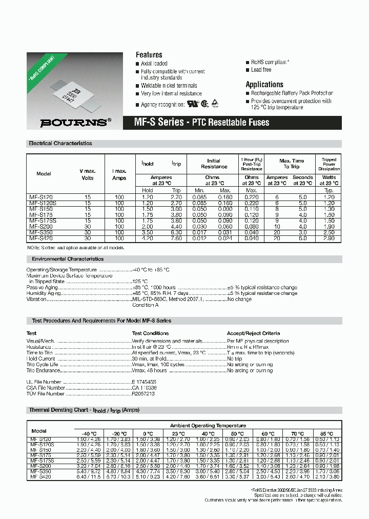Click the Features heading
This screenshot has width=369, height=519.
click(x=149, y=55)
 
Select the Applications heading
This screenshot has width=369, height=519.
click(x=264, y=85)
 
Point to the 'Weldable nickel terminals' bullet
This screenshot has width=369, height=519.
click(x=169, y=86)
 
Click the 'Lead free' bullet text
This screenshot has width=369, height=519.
click(x=261, y=70)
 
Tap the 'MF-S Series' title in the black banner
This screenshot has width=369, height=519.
click(x=158, y=123)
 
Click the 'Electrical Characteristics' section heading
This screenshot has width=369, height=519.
click(x=60, y=144)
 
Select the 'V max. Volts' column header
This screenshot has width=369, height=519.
click(x=87, y=174)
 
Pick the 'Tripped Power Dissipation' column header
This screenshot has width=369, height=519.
click(x=329, y=164)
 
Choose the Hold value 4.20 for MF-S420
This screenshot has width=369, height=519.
click(x=147, y=238)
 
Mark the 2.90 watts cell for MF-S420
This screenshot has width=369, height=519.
click(x=329, y=238)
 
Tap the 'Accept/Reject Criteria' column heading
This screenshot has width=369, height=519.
click(x=253, y=333)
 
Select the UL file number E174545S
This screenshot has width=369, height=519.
click(x=144, y=382)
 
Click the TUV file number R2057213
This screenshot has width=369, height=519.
click(x=143, y=394)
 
